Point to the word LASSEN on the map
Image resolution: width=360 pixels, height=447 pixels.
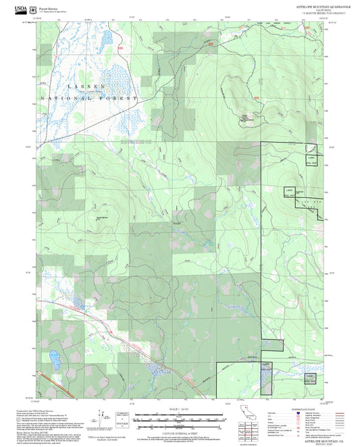tap(86, 87)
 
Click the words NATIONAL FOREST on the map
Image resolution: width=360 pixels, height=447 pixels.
tap(88, 99)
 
